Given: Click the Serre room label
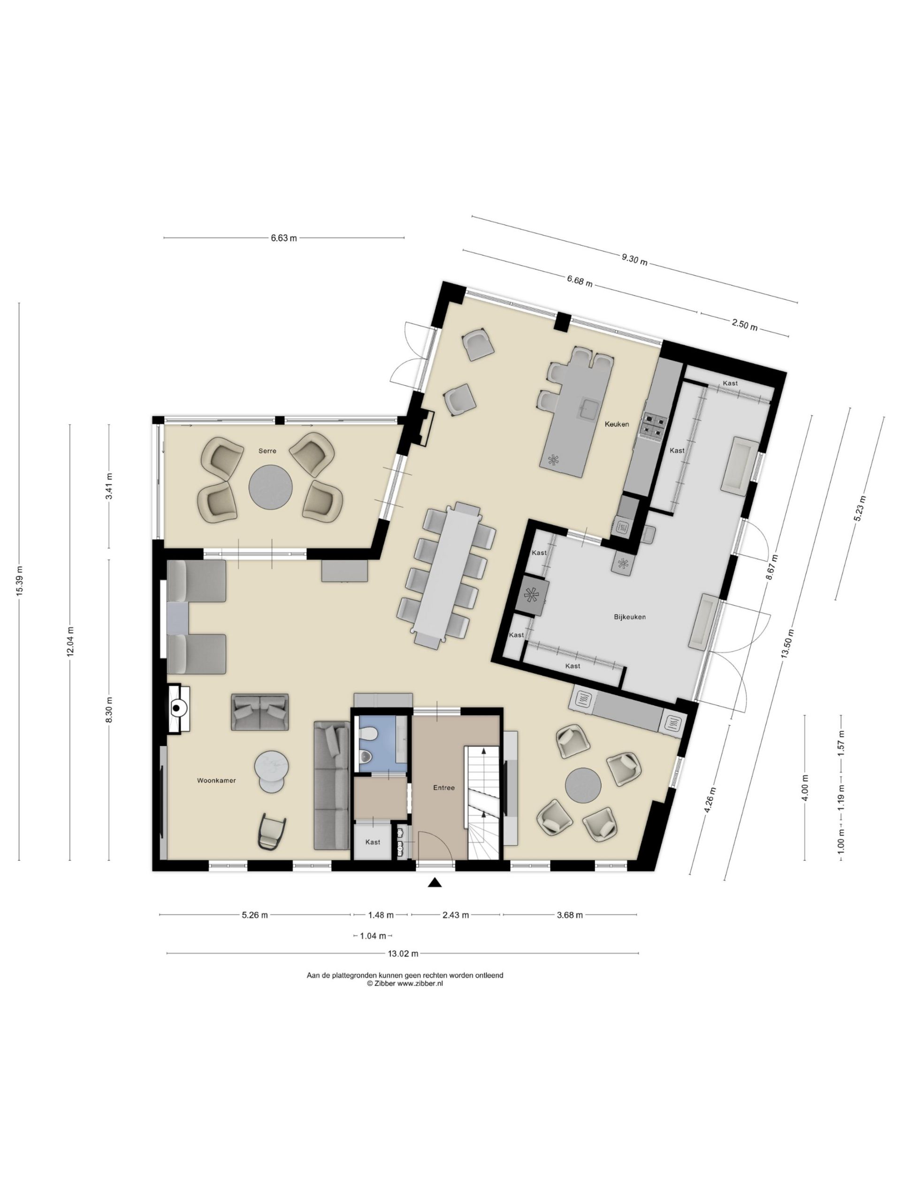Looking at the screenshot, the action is (267, 451).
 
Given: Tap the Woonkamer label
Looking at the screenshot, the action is (216, 780).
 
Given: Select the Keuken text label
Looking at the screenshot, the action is (617, 424).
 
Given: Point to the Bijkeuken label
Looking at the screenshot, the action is (629, 617).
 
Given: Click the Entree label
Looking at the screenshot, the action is (444, 787).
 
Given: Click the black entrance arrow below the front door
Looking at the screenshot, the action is (435, 883).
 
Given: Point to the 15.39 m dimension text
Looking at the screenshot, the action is (20, 581).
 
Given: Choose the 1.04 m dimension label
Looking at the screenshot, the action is (373, 936).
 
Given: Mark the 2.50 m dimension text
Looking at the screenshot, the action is (745, 325).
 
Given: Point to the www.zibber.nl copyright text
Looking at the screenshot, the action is (405, 984).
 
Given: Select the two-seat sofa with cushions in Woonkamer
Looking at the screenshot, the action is (260, 712).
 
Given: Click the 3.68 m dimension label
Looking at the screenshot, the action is (570, 915).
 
